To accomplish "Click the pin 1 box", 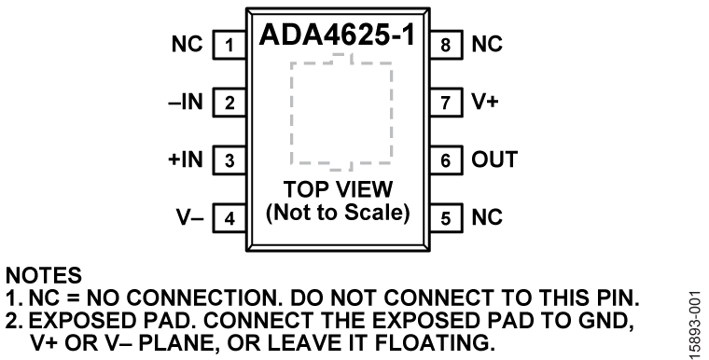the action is [x=228, y=44].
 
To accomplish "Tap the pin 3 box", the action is [x=228, y=159].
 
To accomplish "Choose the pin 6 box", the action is [x=445, y=159].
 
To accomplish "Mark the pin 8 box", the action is [x=445, y=44].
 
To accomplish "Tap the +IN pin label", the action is [x=183, y=159].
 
